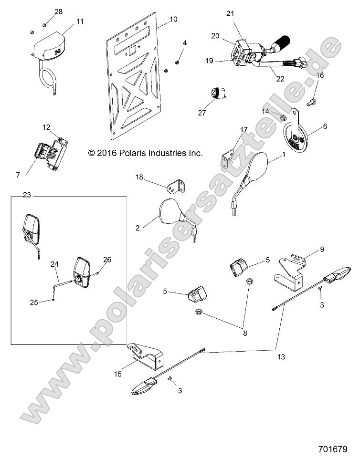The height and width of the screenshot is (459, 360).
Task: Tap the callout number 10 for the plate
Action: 173,20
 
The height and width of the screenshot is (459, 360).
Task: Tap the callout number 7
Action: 18,175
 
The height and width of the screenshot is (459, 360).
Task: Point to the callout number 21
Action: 230,13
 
